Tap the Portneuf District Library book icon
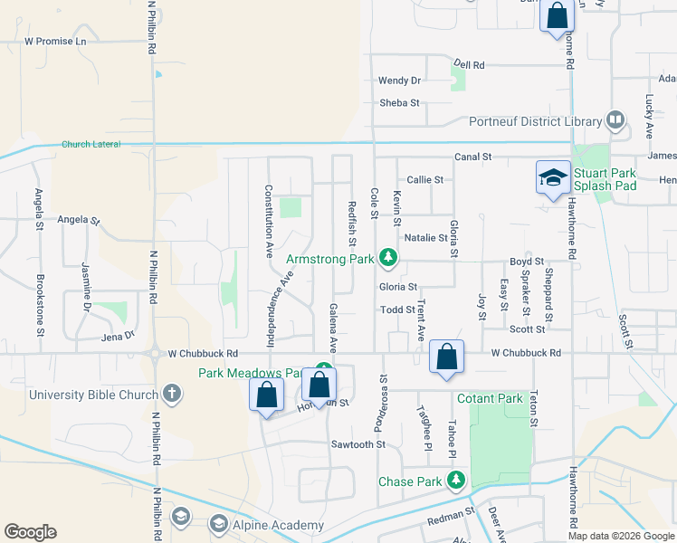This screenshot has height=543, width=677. coord(615,120)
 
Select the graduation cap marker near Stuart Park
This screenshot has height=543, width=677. coord(552,178)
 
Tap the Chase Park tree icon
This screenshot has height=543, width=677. coord(459,481)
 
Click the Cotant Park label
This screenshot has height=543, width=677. coord(490,398)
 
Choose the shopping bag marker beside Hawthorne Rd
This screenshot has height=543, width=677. coord(557,16)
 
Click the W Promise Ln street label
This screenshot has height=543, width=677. coord(55,41)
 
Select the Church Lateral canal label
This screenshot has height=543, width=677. coord(91,144)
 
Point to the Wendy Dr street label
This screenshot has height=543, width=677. coord(400,81)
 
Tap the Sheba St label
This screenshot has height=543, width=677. coord(400,103)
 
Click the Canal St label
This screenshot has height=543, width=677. coord(472,157)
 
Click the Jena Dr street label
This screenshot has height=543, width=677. coord(119,335)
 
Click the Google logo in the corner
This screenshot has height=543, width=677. coord(30,532)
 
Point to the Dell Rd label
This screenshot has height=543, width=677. coord(470,65)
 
